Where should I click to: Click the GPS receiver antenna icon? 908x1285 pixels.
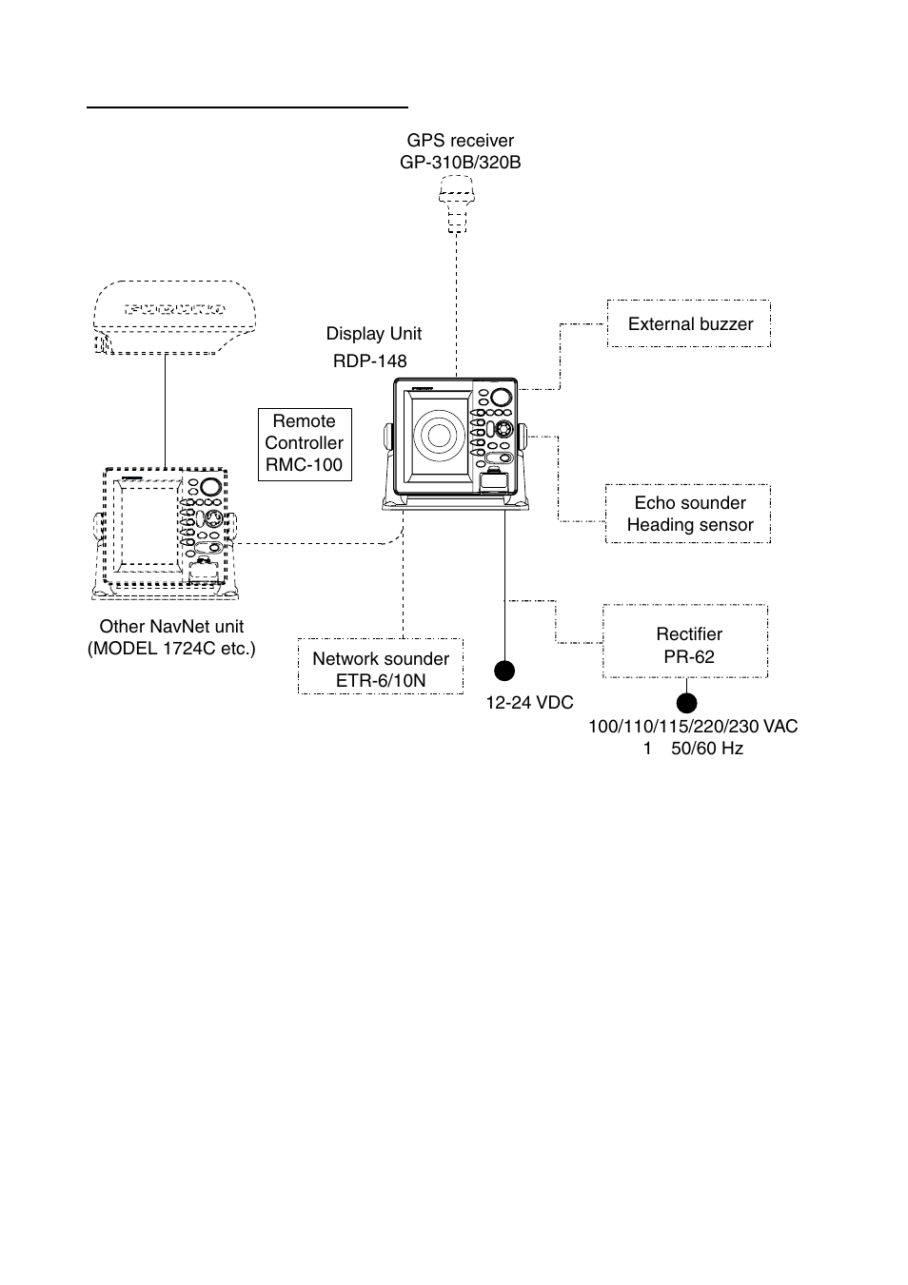457,204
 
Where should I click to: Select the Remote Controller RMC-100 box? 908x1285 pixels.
305,444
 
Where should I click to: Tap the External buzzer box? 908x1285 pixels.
689,323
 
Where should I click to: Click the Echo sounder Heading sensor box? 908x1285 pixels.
688,514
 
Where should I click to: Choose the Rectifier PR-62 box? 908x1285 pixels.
685,641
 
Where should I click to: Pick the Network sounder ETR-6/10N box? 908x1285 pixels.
381,666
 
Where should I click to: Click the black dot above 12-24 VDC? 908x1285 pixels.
504,671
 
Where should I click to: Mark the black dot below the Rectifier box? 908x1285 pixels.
686,703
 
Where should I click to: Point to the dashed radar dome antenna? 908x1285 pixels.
174,318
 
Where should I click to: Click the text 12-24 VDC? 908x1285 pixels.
530,703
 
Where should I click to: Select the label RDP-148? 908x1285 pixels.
370,360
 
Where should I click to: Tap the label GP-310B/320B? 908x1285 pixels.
461,163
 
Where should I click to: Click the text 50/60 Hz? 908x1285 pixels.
707,749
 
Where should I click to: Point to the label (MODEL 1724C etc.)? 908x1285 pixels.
171,649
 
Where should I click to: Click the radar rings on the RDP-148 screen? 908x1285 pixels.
439,436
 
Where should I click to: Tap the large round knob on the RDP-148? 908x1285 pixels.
501,398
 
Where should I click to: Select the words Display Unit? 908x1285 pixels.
374,333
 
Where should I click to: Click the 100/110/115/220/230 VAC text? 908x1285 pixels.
693,727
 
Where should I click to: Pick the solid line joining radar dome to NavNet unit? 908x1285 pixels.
166,411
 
